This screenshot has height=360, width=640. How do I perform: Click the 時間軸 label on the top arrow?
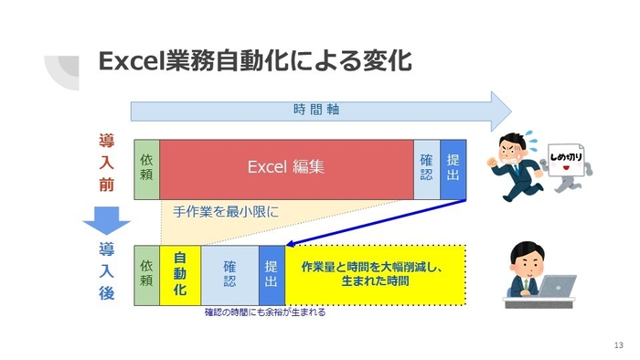click(x=315, y=110)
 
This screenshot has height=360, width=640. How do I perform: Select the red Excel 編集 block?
click(x=286, y=168)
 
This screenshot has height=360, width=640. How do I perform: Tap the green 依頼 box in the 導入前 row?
click(x=146, y=168)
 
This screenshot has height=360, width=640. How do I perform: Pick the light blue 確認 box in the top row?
click(x=427, y=168)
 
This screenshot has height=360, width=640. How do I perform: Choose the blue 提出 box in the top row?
click(x=453, y=168)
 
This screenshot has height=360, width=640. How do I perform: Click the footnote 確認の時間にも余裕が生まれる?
click(x=264, y=312)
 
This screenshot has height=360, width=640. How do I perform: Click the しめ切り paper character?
click(x=570, y=166)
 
